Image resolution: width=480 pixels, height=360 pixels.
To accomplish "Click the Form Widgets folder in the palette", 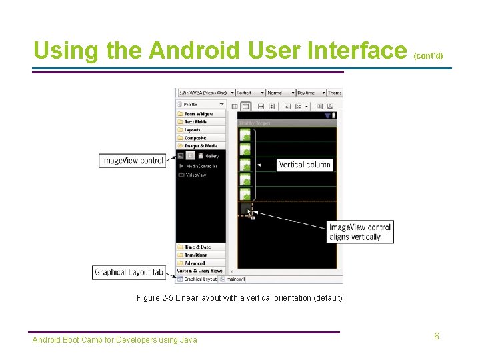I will [x=199, y=114].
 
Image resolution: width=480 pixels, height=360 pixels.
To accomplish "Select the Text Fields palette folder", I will [x=195, y=122].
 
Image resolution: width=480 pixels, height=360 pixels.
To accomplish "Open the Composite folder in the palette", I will [x=195, y=138].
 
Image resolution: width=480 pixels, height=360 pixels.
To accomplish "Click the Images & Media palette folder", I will [x=200, y=146].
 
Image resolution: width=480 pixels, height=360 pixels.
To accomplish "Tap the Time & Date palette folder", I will [x=197, y=247].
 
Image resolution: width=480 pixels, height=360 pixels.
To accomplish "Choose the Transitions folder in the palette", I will [x=195, y=255].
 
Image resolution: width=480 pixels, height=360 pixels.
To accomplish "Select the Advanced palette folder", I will [x=195, y=263].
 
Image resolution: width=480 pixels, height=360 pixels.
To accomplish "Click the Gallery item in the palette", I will [x=211, y=156].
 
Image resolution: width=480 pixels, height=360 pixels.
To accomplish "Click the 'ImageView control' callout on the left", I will [x=133, y=161].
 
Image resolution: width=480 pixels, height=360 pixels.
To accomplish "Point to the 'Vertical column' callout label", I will [x=304, y=165].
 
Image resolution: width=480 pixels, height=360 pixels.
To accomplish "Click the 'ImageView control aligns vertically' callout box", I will [x=360, y=232].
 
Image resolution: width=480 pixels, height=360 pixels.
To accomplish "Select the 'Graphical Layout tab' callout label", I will [x=129, y=272].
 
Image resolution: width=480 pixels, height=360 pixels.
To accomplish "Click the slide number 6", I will [x=437, y=336].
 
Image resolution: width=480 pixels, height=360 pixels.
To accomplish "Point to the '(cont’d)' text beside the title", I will [x=428, y=56].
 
